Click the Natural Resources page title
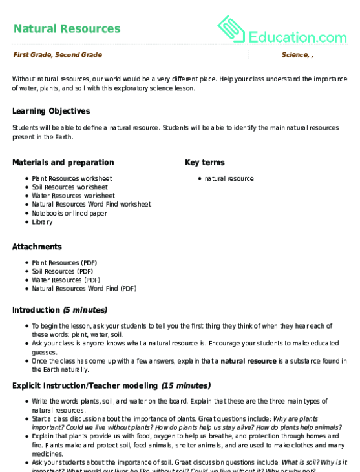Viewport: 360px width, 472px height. (67, 28)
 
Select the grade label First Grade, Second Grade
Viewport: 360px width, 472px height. (58, 55)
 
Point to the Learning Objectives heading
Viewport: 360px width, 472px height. (51, 111)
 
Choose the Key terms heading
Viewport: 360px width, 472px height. (205, 162)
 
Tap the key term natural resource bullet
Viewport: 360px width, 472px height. (229, 178)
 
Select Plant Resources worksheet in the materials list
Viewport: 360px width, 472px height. (72, 178)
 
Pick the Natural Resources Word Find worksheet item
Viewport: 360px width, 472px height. (91, 204)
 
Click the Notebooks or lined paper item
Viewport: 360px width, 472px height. (69, 213)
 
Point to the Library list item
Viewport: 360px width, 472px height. (42, 222)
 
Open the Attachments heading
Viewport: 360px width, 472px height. (37, 247)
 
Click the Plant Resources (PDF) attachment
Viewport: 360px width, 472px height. (64, 263)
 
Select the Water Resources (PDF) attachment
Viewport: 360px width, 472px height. (66, 280)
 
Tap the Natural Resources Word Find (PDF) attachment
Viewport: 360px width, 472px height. (84, 289)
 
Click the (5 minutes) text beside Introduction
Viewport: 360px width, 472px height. (85, 310)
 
